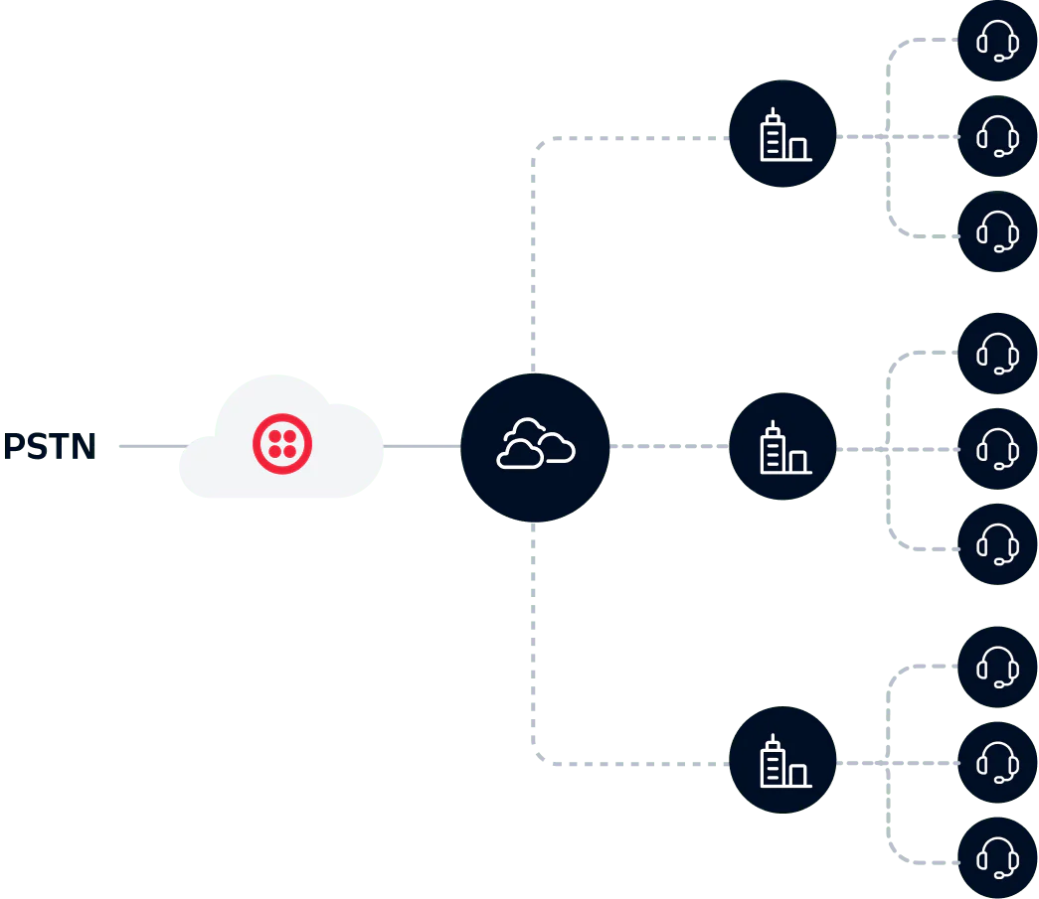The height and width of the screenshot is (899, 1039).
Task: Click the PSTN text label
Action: pos(47,446)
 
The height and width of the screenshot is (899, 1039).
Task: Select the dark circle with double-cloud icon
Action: pos(535,449)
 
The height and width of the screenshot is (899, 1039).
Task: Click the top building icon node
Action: pos(782,136)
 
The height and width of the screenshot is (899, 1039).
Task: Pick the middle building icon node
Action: pos(782,448)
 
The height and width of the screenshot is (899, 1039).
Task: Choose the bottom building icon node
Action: pos(782,762)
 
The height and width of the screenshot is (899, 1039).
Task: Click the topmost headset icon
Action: pos(997,41)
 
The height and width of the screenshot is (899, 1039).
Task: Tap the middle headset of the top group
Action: pos(997,136)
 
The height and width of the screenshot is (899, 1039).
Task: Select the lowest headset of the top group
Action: pos(997,232)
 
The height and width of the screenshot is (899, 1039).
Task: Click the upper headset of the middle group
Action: pos(997,353)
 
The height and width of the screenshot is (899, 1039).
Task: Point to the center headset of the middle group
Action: pos(997,449)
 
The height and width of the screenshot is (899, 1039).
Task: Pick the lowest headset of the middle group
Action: pos(997,544)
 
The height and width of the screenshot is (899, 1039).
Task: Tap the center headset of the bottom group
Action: pos(997,762)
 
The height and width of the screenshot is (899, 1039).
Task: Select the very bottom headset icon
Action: pos(997,856)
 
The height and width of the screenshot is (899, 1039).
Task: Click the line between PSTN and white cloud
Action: pos(144,448)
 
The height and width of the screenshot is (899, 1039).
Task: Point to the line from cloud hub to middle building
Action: pos(668,448)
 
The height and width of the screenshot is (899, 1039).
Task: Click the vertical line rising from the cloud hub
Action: pos(534,258)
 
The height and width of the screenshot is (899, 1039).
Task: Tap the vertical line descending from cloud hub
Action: pos(534,646)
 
